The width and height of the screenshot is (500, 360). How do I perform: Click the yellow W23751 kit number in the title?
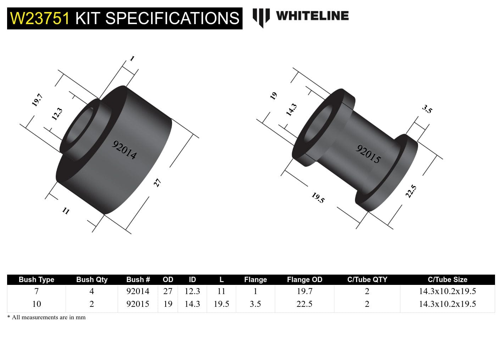click(x=40, y=18)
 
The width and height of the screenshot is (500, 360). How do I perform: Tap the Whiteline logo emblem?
click(x=261, y=17)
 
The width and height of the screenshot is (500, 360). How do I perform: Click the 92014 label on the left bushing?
click(x=124, y=150)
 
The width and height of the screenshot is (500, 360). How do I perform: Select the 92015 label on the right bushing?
click(x=368, y=154)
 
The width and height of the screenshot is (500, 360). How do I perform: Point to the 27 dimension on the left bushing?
click(x=157, y=183)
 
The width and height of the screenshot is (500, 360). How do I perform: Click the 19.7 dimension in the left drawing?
click(x=37, y=100)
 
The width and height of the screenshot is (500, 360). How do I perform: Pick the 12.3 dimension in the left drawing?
click(x=57, y=114)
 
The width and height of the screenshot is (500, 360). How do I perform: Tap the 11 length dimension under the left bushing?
click(x=66, y=211)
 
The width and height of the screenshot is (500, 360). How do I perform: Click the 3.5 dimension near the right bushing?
click(x=427, y=109)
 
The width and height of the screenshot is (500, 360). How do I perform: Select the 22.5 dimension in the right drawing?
click(x=411, y=191)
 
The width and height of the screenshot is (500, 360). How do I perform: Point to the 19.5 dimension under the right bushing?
click(x=318, y=198)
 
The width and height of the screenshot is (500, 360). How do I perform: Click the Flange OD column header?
click(x=304, y=280)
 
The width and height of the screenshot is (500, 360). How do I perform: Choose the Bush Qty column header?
click(x=91, y=280)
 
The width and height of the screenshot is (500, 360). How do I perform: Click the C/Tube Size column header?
click(x=447, y=280)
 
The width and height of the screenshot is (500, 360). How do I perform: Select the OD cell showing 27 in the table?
click(x=168, y=291)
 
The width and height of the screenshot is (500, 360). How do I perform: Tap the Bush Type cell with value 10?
click(x=37, y=304)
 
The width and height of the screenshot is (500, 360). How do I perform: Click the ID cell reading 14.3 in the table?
click(x=192, y=304)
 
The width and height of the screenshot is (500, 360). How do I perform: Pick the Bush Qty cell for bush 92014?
click(x=91, y=291)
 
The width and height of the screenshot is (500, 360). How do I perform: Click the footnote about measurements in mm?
click(x=46, y=317)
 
